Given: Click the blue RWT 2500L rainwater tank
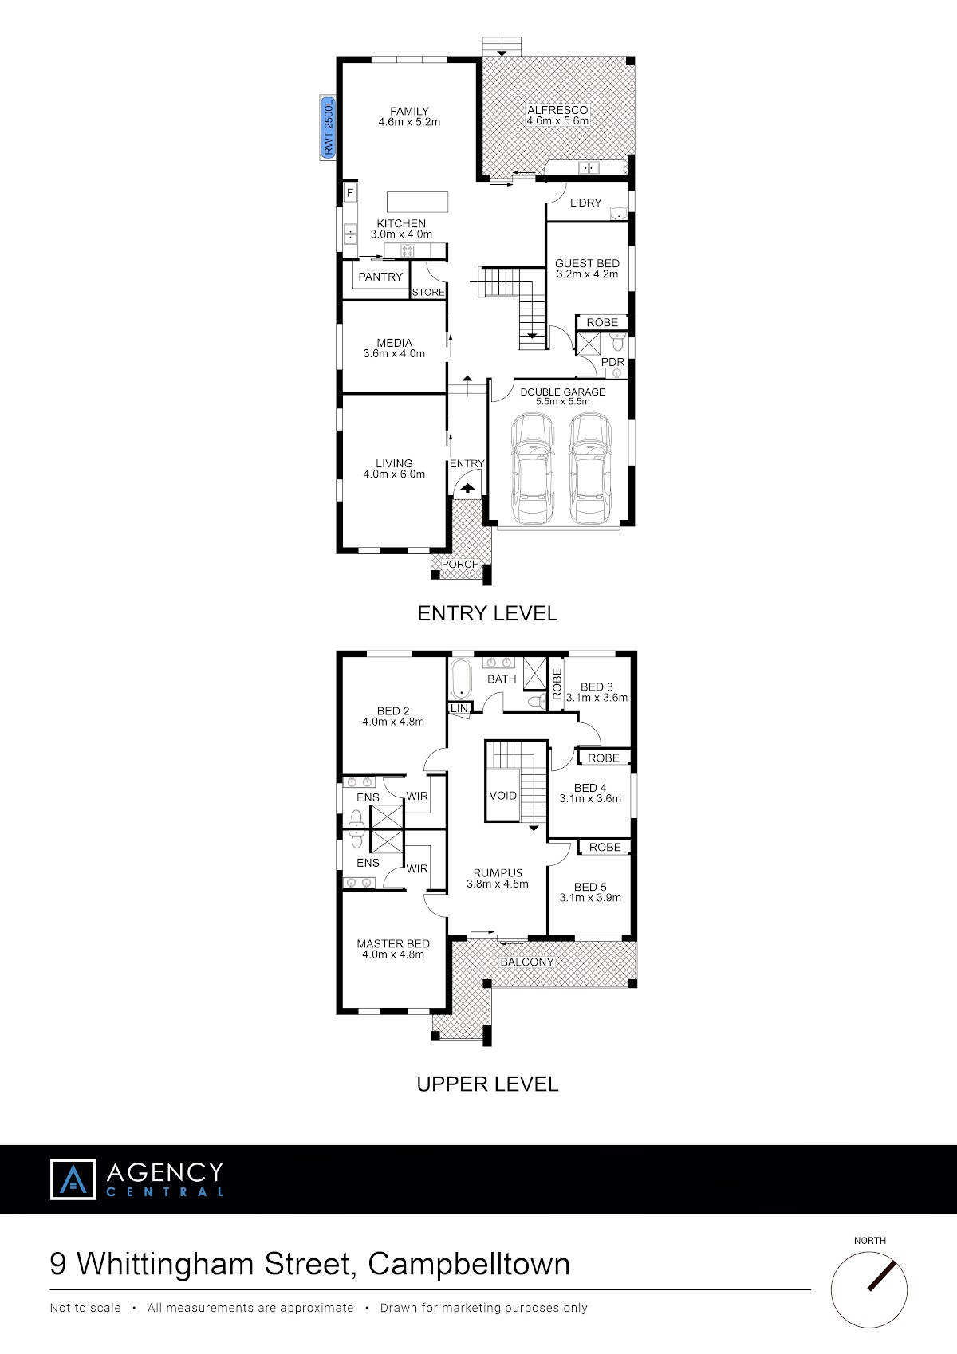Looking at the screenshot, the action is (327, 128).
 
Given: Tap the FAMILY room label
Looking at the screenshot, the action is (409, 111).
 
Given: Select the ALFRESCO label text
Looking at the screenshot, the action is (557, 110).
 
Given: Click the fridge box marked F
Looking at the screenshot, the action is (350, 194).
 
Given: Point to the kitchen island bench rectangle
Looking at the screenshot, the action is (418, 202).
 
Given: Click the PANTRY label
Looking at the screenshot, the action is (380, 277).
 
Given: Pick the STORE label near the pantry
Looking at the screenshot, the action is (428, 293).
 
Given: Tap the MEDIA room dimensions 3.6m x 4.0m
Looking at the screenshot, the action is (394, 353).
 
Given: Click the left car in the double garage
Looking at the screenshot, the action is (533, 468).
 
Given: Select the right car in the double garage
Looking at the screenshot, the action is (590, 468).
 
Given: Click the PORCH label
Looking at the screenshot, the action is (460, 564).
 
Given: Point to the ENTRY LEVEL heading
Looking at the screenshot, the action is (487, 613).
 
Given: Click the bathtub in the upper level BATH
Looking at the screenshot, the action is (461, 679).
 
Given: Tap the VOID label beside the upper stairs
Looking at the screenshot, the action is (503, 796).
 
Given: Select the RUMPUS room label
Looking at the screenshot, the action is (498, 873).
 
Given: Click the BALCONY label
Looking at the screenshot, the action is (527, 962).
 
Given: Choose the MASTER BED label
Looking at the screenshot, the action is (393, 943).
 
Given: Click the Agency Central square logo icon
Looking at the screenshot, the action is (73, 1179).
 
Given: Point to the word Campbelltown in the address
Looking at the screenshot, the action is (468, 1263).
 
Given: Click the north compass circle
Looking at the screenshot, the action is (869, 1290).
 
